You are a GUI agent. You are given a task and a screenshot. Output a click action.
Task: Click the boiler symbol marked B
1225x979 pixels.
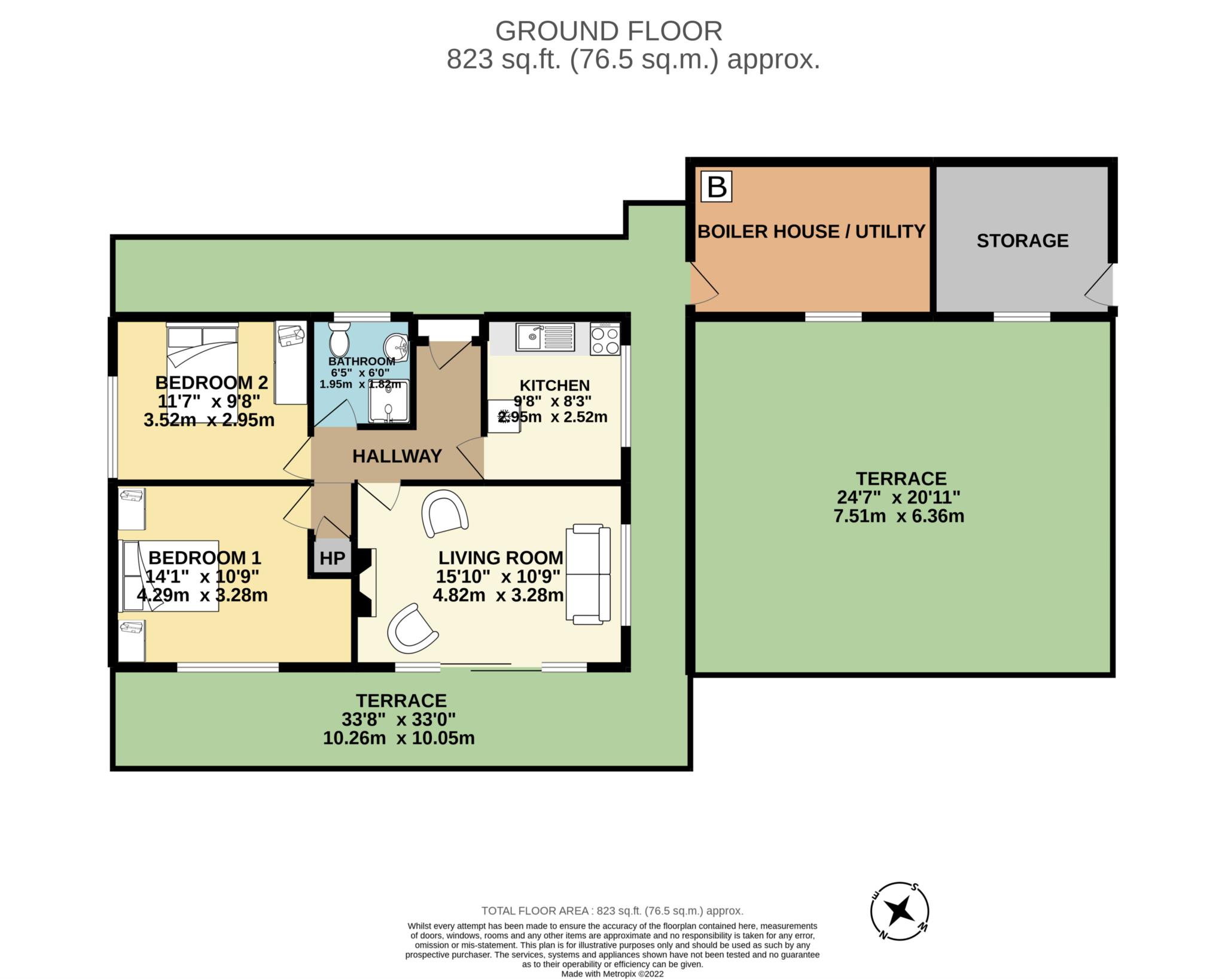pos(717,187)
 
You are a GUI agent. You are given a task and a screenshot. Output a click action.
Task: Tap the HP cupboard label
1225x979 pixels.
pos(332,558)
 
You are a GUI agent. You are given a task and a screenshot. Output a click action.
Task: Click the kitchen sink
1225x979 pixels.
pos(546,336)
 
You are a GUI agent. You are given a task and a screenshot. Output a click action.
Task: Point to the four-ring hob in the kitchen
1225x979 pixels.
pos(605,339)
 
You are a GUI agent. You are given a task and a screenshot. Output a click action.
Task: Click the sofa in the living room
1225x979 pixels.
pos(589,574)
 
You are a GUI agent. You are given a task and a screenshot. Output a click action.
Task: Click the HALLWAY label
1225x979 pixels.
pos(397,456)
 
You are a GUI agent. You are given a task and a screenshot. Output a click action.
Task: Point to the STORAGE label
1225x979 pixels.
pos(1022,241)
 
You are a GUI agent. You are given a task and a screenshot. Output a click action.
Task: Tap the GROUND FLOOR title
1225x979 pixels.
pos(609,31)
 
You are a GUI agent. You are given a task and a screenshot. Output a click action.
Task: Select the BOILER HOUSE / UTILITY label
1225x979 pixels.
pos(811,232)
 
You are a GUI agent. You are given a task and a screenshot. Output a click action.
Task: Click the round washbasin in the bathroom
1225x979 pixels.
pos(396,346)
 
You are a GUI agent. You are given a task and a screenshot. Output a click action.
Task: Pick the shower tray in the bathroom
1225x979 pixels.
pos(389,400)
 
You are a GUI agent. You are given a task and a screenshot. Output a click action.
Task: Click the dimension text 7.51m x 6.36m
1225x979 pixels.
pos(899,516)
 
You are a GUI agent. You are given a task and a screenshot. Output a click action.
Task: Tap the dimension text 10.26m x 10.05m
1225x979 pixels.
pos(399,738)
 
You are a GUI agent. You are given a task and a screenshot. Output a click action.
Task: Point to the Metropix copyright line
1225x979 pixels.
pos(612,974)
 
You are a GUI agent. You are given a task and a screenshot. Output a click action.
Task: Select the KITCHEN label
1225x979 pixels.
pos(554,386)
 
